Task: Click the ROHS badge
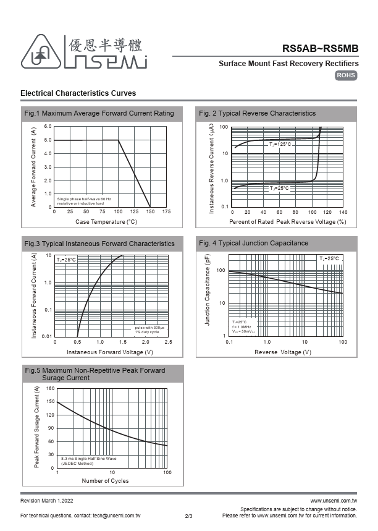(x=346, y=75)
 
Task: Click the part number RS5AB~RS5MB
(x=320, y=48)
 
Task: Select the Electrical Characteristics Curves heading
(x=78, y=93)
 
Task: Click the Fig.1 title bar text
(x=99, y=113)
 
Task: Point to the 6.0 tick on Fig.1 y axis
(x=48, y=127)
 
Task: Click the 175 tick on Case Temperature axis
(x=166, y=212)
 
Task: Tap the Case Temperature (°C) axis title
(x=106, y=221)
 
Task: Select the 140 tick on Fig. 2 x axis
(x=343, y=212)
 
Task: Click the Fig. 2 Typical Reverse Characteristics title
(x=257, y=113)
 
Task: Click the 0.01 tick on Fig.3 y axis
(x=47, y=336)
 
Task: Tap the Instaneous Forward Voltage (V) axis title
(x=110, y=352)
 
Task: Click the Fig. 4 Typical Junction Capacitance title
(x=253, y=243)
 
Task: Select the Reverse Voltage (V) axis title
(x=283, y=352)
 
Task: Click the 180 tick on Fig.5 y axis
(x=51, y=388)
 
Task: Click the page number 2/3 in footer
(x=189, y=516)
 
